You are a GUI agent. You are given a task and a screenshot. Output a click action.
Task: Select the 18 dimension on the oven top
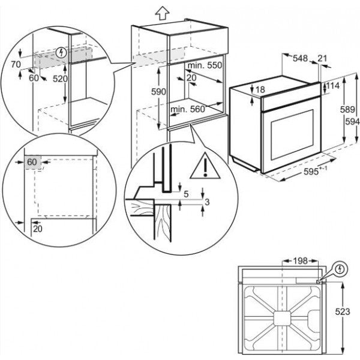(x=260, y=90)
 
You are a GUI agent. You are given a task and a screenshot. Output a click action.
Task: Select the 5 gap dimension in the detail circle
(x=186, y=194)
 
